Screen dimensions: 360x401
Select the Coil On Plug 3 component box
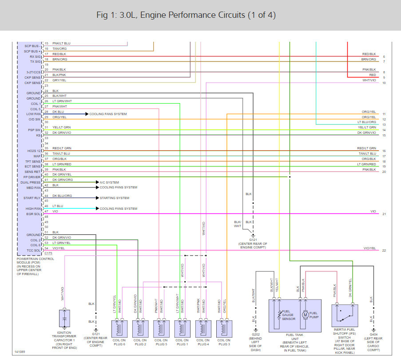(x=224, y=329)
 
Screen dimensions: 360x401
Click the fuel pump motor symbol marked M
(x=305, y=315)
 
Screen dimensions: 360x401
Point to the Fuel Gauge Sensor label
(x=289, y=315)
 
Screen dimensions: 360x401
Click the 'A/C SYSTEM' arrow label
(x=109, y=182)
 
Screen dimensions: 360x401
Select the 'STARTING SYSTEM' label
(x=114, y=198)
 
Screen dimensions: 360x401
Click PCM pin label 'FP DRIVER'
(x=32, y=177)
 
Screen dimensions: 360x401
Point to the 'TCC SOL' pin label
(x=33, y=250)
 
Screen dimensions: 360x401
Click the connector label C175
(x=48, y=253)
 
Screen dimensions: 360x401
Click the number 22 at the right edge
(x=384, y=251)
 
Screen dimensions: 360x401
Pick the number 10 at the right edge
(x=384, y=83)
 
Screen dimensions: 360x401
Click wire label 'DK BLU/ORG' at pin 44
(x=62, y=196)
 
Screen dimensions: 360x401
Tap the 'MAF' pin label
(x=37, y=156)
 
